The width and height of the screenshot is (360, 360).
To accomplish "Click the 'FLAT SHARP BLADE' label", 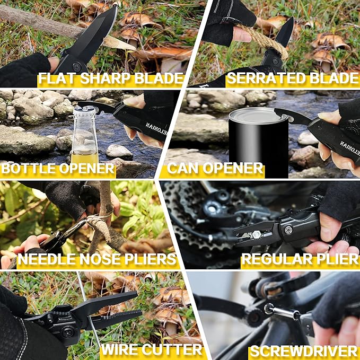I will tap(110, 79).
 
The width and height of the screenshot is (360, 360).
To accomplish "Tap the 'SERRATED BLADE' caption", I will tap(292, 78).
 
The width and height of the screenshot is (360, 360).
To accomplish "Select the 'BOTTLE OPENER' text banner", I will tap(58, 169).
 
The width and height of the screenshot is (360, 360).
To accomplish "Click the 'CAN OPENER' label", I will tap(215, 169).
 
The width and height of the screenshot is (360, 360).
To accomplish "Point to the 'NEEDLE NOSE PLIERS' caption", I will tap(97, 259).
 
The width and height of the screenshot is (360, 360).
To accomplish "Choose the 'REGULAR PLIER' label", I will tap(300, 259).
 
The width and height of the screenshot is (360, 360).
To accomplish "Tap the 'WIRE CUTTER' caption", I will tap(152, 349).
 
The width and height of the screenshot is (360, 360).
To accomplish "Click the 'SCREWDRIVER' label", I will tap(304, 350).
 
